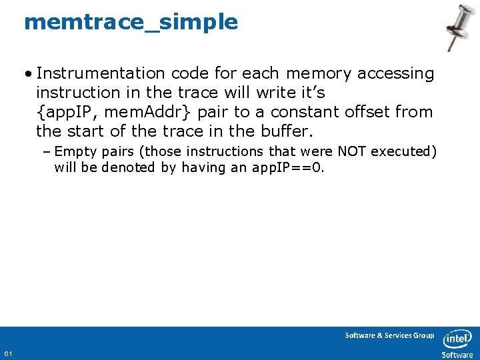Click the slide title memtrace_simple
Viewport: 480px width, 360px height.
pyautogui.click(x=131, y=22)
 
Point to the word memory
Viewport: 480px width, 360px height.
pyautogui.click(x=319, y=74)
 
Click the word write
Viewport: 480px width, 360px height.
pyautogui.click(x=263, y=93)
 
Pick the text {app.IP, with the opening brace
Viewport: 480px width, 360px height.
pyautogui.click(x=68, y=112)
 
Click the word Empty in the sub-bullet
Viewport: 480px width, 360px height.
pyautogui.click(x=76, y=151)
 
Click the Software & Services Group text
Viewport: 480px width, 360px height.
pyautogui.click(x=389, y=335)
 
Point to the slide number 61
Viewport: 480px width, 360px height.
pyautogui.click(x=7, y=353)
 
